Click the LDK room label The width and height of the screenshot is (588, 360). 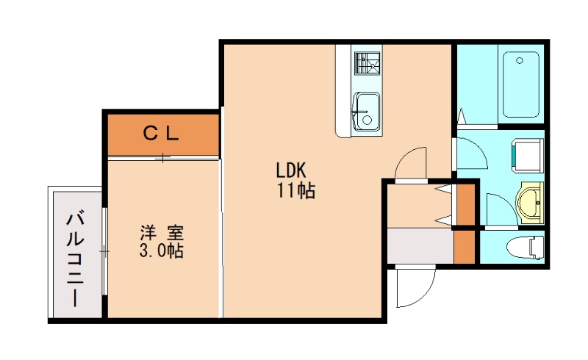coord(291,170)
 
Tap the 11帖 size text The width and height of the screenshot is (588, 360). coord(296,191)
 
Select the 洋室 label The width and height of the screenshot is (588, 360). coord(162,232)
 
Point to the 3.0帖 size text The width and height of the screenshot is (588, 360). coord(161,251)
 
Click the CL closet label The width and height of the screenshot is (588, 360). coord(161,133)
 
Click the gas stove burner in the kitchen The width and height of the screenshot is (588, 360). coord(367,64)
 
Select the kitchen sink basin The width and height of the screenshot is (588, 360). coord(367,112)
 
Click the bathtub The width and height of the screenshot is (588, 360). coord(521,84)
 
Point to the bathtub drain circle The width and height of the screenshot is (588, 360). coord(520,60)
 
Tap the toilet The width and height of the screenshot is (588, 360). coord(525,247)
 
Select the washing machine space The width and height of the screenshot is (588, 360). coord(528,155)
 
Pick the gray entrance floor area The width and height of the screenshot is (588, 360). coord(420,245)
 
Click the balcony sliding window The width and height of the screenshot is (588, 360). coord(104,251)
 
